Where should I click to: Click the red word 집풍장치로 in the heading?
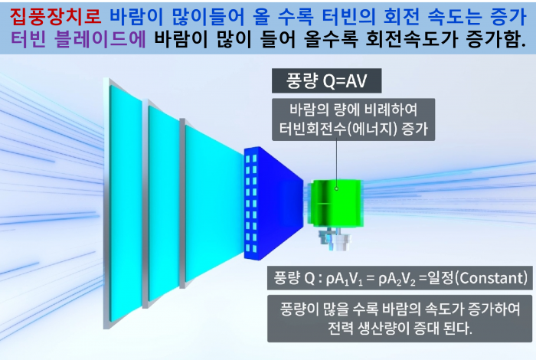(x=55, y=16)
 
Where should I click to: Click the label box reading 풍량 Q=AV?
(x=326, y=80)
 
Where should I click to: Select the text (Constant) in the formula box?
(x=492, y=278)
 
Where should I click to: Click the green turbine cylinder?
(x=335, y=202)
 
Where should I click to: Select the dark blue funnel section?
(x=273, y=203)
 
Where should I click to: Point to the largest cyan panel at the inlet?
(x=126, y=204)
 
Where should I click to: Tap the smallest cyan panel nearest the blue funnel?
(x=214, y=204)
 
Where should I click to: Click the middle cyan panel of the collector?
(x=163, y=204)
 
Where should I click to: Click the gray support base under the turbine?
(x=333, y=238)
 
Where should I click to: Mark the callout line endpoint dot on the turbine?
(x=336, y=188)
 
